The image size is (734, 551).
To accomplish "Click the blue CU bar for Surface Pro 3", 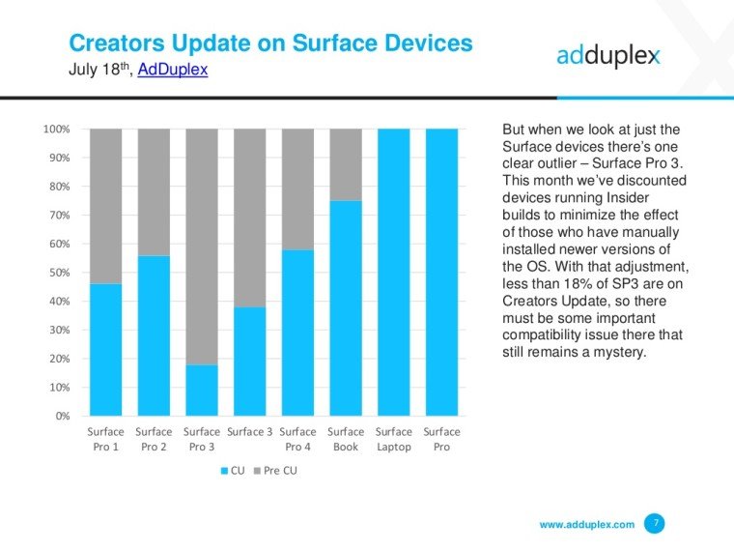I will pos(201,390).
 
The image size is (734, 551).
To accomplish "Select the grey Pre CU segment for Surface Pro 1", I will pos(105,205).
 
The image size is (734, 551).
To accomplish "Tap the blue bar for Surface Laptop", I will pos(393,272).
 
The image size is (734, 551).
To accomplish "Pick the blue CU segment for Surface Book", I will pos(345,307).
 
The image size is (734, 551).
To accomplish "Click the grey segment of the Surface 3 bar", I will pos(249,217).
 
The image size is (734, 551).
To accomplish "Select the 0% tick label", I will pos(60,416).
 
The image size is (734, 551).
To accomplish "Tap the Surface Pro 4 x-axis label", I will pos(297,439).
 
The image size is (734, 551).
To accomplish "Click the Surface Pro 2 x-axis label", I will pos(154,439).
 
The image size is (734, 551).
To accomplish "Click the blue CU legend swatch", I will pos(224,470).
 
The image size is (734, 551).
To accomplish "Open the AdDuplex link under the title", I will pos(173,70).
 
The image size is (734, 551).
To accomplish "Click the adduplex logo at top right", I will pos(607,55).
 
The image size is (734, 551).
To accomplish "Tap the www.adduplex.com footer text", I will pos(586,524).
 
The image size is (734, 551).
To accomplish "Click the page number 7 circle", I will pos(656,523).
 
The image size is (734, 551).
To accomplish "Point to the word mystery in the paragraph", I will pos(614,351).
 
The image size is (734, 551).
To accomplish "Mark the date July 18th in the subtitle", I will pos(99,70).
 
